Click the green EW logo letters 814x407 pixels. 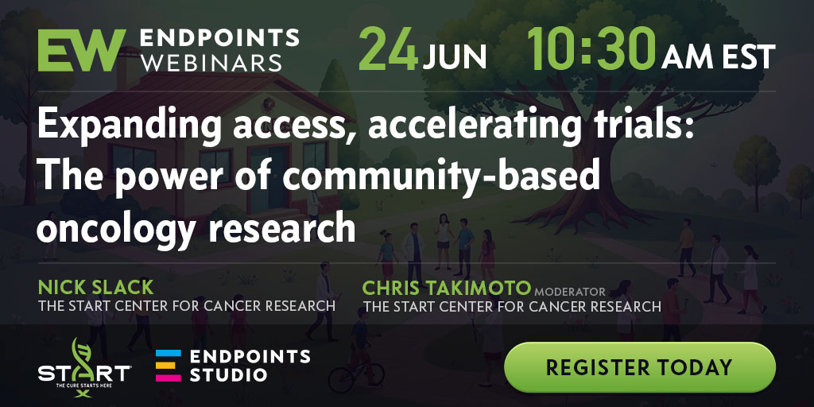pyautogui.click(x=82, y=50)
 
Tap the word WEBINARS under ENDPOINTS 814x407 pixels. pyautogui.click(x=211, y=63)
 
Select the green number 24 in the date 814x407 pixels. pyautogui.click(x=388, y=50)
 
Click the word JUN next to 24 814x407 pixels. pyautogui.click(x=455, y=56)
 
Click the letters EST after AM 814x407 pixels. pyautogui.click(x=747, y=56)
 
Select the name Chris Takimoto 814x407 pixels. pyautogui.click(x=447, y=288)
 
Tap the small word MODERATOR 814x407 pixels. pyautogui.click(x=569, y=292)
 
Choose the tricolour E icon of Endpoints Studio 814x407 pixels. pyautogui.click(x=169, y=366)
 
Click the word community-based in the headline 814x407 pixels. pyautogui.click(x=440, y=177)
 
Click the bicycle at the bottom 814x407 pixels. pyautogui.click(x=356, y=376)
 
